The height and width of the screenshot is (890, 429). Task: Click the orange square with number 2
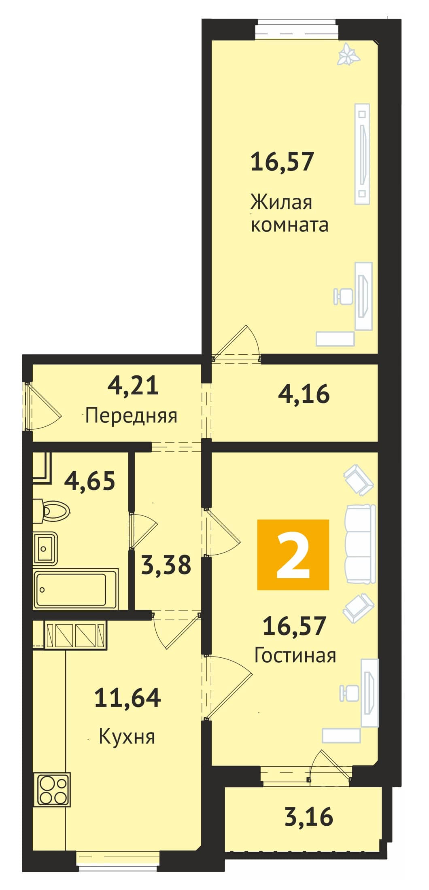coord(293,554)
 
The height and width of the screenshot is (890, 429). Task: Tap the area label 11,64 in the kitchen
coord(127,697)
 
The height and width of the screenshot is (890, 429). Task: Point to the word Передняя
coord(132,415)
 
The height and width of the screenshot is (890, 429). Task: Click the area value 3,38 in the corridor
coord(166,565)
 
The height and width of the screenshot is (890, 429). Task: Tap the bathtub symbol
coord(76,589)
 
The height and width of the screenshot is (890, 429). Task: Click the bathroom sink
coord(45,548)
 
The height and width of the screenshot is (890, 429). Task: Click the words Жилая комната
coord(289,213)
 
